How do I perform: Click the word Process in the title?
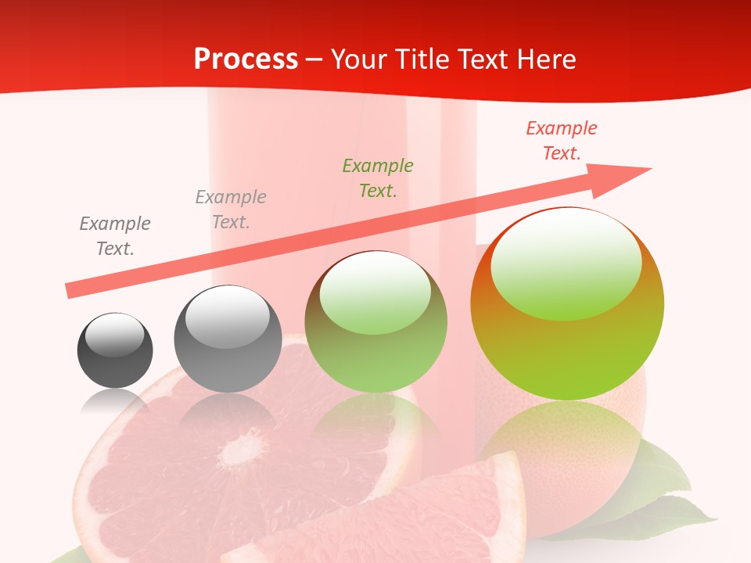[x=246, y=59]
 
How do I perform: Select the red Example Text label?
[x=562, y=141]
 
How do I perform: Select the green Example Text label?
[x=378, y=178]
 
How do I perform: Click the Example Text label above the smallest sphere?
[x=115, y=236]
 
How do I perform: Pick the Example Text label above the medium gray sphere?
[x=231, y=210]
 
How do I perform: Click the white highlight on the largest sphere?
[x=566, y=262]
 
